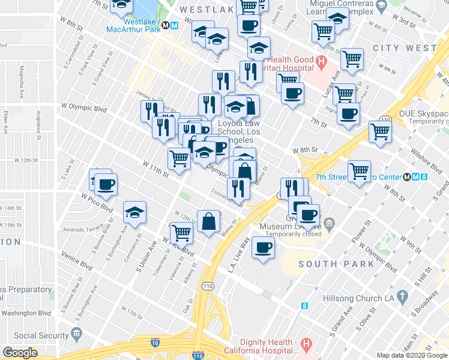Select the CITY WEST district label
(404, 47)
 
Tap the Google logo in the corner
(20, 353)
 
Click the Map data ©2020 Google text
(412, 355)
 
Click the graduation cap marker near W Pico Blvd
(134, 212)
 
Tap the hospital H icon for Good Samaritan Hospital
(321, 61)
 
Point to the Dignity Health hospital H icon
(307, 345)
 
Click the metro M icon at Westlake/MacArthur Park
(173, 26)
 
